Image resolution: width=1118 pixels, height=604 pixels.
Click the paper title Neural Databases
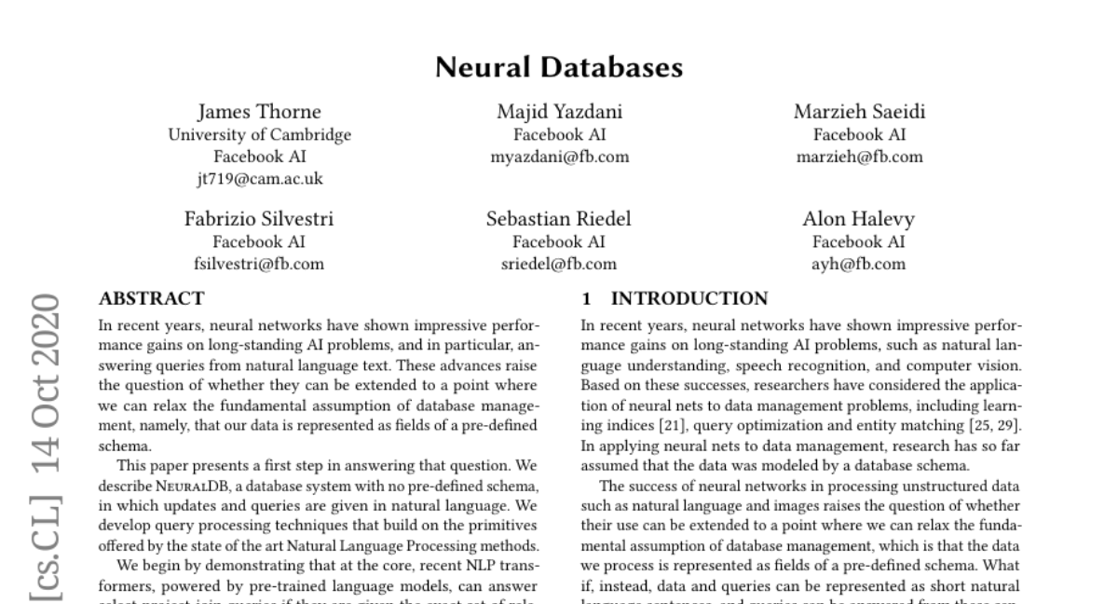point(559,68)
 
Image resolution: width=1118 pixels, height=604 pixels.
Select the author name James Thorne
point(259,113)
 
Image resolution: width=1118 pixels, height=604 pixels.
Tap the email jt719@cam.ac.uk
point(259,179)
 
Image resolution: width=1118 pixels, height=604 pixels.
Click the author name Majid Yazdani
point(559,113)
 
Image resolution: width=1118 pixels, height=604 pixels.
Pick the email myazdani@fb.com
point(559,157)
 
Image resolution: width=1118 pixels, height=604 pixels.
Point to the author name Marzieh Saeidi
point(859,113)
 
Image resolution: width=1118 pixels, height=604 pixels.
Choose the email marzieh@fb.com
point(859,157)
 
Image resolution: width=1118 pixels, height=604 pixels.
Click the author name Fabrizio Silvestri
point(259,220)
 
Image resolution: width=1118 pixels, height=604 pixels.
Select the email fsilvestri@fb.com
point(259,264)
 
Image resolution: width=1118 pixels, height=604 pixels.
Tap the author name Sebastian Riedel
point(559,220)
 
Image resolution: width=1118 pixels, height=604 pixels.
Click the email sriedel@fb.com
point(559,264)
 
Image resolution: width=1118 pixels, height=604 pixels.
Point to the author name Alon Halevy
point(859,220)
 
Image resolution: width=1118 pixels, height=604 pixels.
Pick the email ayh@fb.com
point(859,264)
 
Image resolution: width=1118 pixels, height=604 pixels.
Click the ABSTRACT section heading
point(151,299)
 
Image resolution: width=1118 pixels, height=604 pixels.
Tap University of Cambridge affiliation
point(259,135)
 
